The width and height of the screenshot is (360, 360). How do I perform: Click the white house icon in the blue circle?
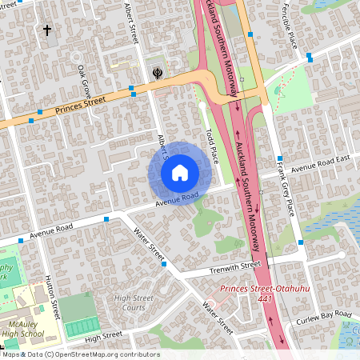click(180, 171)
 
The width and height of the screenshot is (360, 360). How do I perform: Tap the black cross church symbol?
click(46, 31)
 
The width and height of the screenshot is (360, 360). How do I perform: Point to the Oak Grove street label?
click(84, 81)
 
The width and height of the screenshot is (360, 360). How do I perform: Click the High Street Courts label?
click(133, 302)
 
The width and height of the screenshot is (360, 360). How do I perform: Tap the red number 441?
click(266, 298)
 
